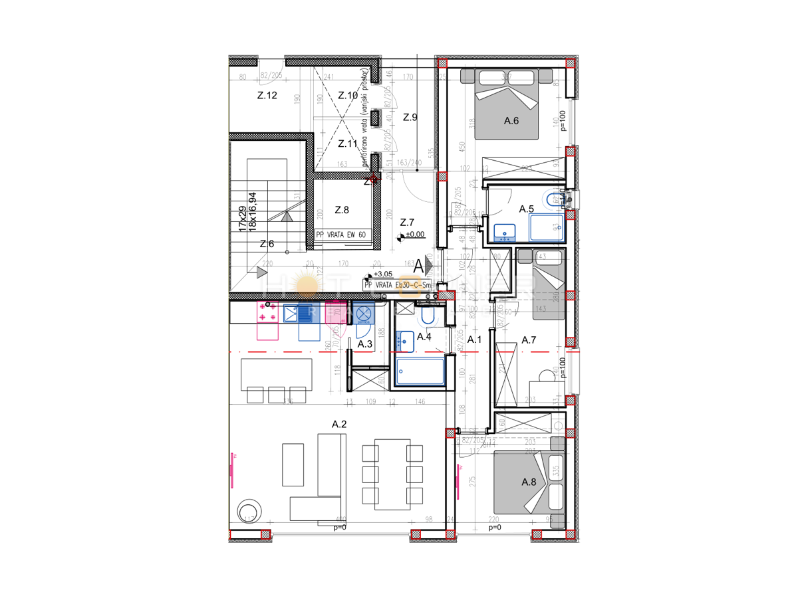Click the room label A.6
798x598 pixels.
511,121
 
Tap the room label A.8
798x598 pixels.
529,482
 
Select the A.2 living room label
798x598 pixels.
340,423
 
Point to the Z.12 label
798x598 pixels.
267,95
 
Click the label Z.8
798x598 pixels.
342,210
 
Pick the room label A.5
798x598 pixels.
527,209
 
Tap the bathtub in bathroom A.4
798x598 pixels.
420,371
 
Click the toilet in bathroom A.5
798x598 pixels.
553,199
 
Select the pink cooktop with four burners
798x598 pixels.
268,313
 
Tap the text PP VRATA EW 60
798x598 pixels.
341,235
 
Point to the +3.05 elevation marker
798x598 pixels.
382,274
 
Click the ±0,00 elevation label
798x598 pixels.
416,235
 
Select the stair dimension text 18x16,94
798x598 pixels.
252,212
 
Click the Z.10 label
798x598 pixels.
347,95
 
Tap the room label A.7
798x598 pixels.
529,340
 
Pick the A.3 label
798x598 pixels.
364,344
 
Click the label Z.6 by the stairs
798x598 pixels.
267,244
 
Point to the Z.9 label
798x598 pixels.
410,117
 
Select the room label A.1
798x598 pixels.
474,340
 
